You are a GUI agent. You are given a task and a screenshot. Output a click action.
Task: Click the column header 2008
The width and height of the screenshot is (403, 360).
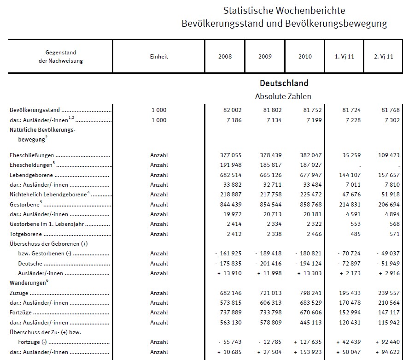(225, 57)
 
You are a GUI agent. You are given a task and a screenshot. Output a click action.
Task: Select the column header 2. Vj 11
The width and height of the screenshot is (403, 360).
(383, 57)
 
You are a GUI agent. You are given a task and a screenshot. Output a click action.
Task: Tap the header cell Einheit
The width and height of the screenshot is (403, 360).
(159, 57)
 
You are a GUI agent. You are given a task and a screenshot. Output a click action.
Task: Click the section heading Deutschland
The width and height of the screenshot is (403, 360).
(284, 83)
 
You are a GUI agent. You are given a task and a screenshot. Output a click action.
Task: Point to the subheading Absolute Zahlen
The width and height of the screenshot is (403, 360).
(283, 97)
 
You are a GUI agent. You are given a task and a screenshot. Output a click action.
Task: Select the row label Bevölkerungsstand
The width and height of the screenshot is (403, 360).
(35, 110)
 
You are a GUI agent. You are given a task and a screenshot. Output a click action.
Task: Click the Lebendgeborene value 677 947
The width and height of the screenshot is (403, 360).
(310, 175)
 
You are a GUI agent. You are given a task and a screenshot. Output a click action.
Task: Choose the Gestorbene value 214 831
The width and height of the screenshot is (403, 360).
(349, 204)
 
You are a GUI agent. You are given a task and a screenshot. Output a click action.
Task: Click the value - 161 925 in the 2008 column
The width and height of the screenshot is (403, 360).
(228, 254)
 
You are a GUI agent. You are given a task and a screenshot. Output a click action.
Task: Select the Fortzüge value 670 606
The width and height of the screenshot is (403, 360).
(310, 313)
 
